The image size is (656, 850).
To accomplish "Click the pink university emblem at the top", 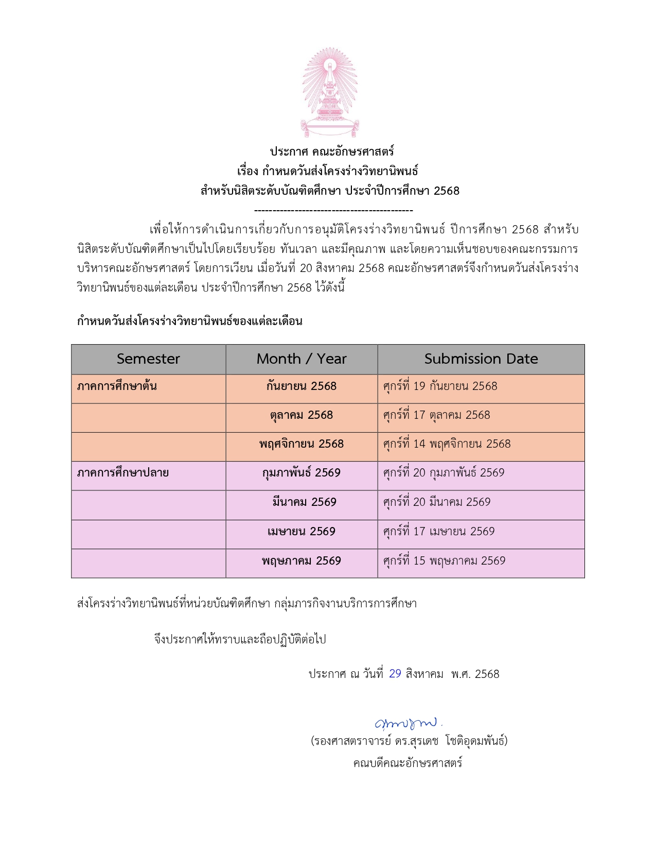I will pos(329,92).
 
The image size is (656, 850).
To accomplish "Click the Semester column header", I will pos(148,359).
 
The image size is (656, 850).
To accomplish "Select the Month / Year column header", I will pos(302,359).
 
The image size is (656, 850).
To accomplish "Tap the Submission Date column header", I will pos(481,359).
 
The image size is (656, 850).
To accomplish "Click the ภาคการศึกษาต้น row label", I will pos(117,386).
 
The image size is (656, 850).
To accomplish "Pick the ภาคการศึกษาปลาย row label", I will pos(123,473).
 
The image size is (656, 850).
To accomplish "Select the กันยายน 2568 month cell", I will pos(302,386).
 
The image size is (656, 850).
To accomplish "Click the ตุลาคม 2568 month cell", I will pos(302,415).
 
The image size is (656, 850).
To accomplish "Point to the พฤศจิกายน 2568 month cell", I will pos(302,444).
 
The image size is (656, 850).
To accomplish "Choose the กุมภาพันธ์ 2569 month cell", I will pos(302,473).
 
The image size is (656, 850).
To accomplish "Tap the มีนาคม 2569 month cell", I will pos(304,502).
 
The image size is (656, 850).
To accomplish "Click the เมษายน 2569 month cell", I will pos(302,532).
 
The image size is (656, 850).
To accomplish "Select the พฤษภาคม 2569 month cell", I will pos(302,561).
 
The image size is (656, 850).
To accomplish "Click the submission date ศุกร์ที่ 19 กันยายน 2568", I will pos(440,386).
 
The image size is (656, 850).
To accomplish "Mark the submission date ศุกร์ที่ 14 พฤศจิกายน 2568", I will pos(447,444).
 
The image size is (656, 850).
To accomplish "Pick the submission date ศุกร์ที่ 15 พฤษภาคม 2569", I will pos(444,561).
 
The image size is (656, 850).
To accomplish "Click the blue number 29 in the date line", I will pos(395,674).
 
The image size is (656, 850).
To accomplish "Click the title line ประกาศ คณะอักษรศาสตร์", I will pos(332,151).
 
